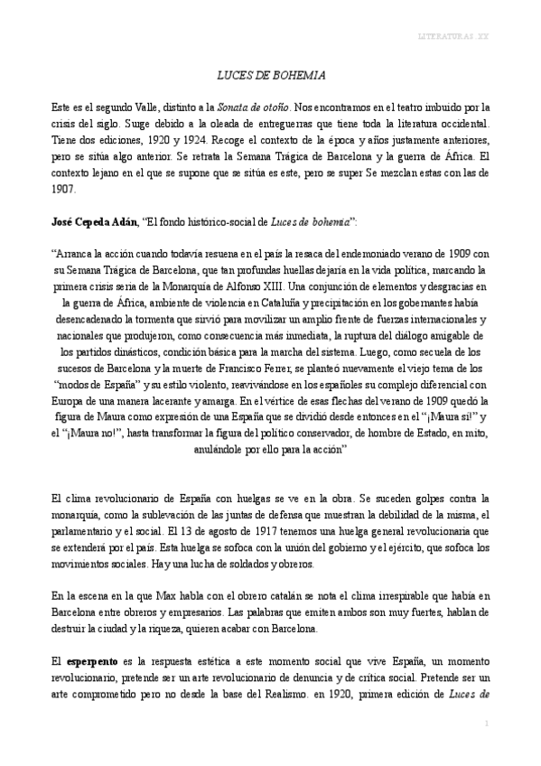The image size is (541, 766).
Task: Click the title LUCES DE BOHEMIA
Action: [x=270, y=77]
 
